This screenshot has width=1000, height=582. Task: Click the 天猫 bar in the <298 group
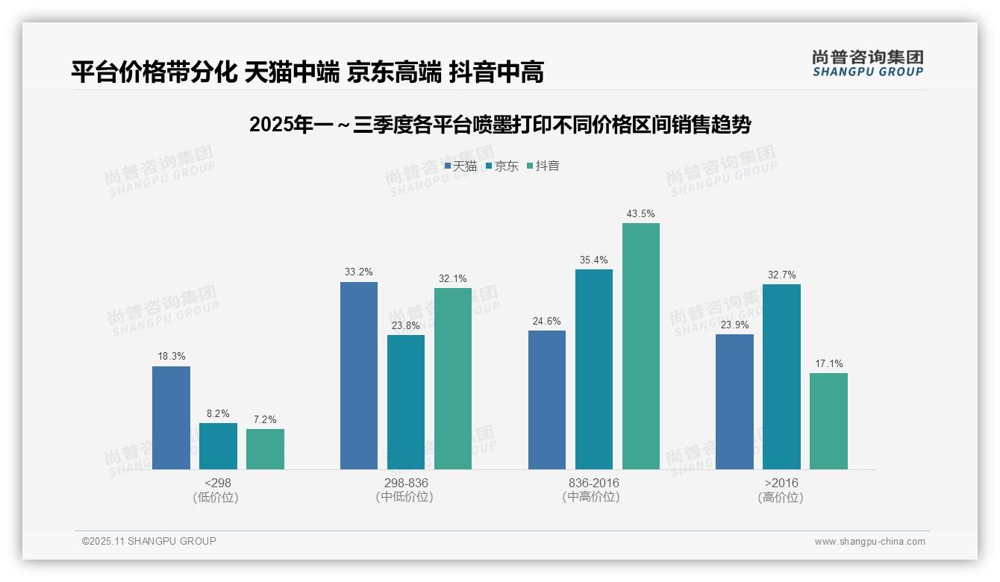click(171, 418)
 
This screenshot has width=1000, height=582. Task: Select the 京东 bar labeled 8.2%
click(218, 446)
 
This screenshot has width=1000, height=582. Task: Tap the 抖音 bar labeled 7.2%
click(265, 449)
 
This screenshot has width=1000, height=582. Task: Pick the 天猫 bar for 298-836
click(359, 375)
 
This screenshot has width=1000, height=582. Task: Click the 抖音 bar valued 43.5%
click(641, 346)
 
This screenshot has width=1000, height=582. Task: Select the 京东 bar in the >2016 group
click(781, 377)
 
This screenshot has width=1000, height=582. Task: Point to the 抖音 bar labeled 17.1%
click(828, 421)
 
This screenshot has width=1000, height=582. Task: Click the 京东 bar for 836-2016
click(594, 369)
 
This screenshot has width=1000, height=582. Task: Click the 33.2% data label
click(359, 272)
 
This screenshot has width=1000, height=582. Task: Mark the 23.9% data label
click(734, 325)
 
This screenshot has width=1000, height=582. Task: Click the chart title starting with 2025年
click(500, 125)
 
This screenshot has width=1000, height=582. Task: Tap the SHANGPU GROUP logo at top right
click(867, 63)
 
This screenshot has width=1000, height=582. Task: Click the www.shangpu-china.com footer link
click(869, 542)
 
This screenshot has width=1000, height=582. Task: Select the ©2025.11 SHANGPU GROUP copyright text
click(149, 542)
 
